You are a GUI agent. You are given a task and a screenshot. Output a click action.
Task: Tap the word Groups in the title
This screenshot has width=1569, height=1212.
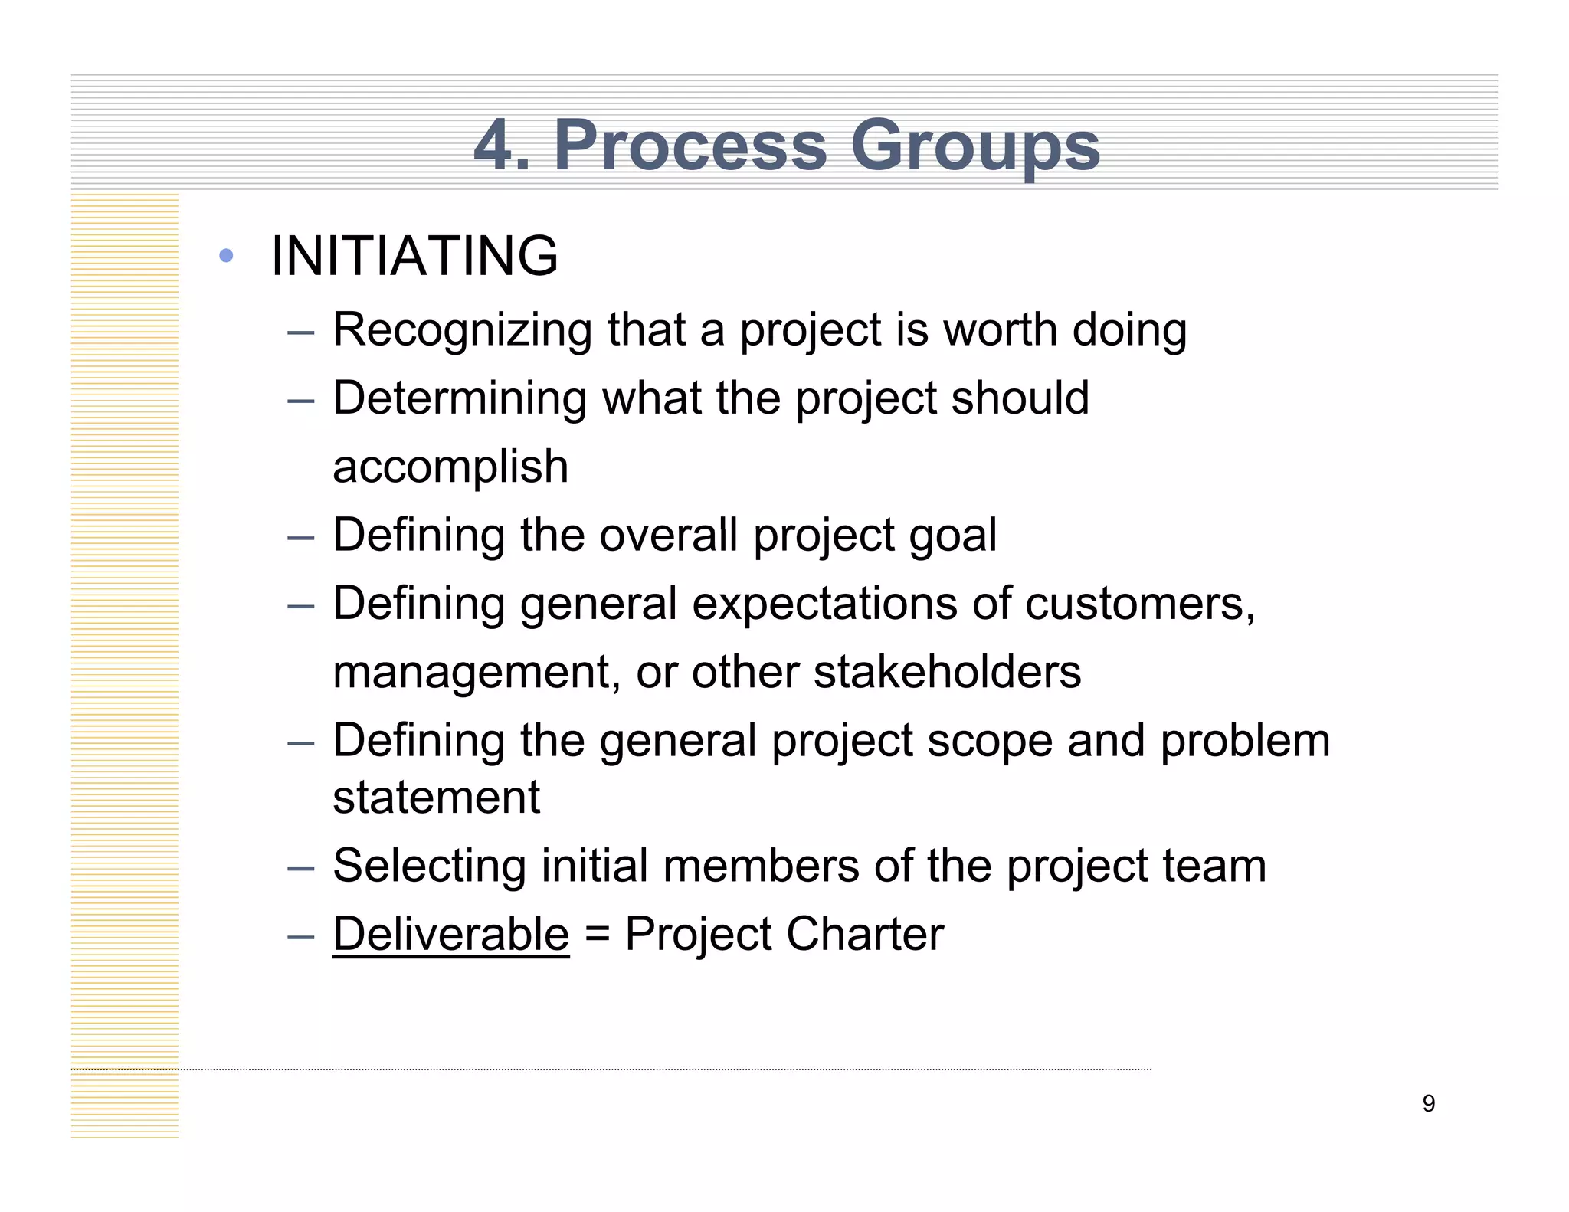(974, 146)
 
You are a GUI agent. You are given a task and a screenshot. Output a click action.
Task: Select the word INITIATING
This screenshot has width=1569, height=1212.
(414, 256)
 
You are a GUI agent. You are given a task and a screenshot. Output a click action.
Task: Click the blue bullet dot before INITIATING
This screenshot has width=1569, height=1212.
(225, 256)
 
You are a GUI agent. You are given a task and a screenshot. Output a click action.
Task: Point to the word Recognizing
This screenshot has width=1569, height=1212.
(462, 331)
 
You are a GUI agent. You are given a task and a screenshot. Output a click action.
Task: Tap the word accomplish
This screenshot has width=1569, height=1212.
(450, 467)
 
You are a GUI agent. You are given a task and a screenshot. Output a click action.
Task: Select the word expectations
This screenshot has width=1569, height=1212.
(824, 604)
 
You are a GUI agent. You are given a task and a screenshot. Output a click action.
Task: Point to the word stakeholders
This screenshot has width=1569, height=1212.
(947, 672)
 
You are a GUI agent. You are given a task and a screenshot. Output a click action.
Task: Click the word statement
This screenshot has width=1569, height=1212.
(437, 798)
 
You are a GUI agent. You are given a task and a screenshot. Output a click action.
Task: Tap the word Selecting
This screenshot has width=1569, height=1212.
(429, 866)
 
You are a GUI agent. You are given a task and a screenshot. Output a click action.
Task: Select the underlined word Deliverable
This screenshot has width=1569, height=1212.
(450, 935)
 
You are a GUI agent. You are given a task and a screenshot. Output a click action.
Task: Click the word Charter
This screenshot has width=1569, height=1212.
(865, 935)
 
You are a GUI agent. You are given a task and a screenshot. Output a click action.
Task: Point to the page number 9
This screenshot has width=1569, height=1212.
(1428, 1104)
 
